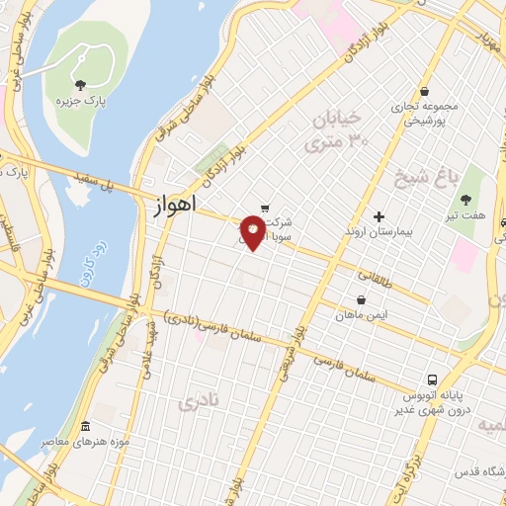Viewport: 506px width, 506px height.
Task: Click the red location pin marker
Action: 254,233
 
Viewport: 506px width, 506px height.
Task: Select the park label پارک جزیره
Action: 80,100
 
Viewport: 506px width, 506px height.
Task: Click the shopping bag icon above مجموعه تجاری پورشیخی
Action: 424,91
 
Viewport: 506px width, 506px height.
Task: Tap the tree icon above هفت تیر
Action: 465,200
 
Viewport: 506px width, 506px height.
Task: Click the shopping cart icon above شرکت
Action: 264,207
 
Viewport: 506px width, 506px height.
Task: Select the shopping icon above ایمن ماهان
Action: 361,299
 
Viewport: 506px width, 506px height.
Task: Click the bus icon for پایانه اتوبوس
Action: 432,379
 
